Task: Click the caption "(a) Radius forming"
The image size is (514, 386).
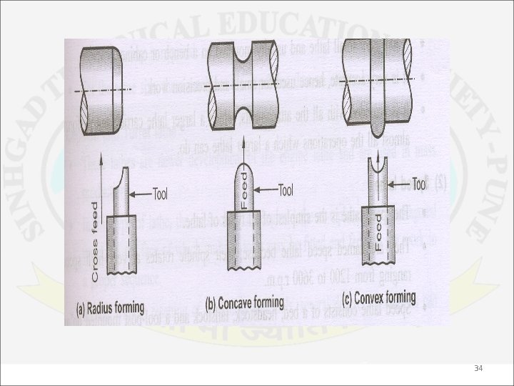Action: pyautogui.click(x=110, y=309)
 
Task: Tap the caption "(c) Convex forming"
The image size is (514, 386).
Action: pyautogui.click(x=381, y=297)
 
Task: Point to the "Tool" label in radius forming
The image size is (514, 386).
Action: pyautogui.click(x=164, y=193)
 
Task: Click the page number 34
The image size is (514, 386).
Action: pyautogui.click(x=478, y=368)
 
